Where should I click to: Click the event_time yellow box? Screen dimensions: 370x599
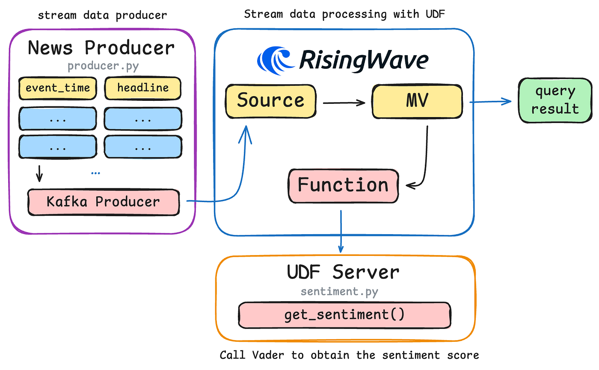click(x=58, y=88)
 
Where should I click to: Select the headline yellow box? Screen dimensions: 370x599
click(x=143, y=88)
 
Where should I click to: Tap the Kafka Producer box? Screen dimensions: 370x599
click(x=103, y=201)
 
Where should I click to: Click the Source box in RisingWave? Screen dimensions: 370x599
click(x=270, y=100)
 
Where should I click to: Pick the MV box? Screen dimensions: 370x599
click(x=417, y=102)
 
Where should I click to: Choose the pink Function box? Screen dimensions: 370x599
click(x=343, y=185)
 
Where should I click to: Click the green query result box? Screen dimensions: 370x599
click(x=555, y=100)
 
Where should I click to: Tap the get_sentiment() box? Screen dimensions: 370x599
click(x=344, y=315)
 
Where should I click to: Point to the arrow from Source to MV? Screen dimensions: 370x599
click(x=344, y=103)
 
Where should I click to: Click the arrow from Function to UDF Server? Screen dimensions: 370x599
click(x=341, y=231)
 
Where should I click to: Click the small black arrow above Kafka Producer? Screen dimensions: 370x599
click(x=39, y=173)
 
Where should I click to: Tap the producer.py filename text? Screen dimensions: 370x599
click(x=102, y=67)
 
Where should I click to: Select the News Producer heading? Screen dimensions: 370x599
click(x=101, y=48)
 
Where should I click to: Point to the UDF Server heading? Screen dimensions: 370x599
click(x=344, y=272)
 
